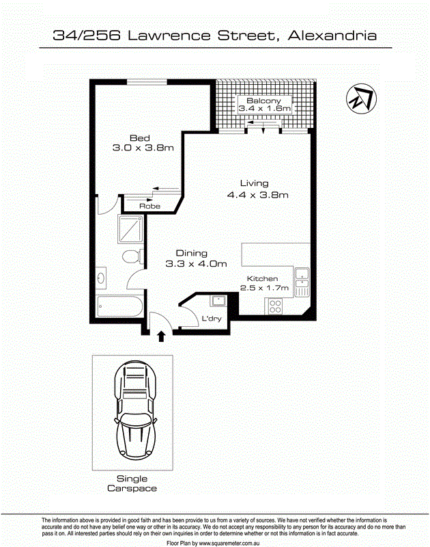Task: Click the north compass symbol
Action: point(360,99)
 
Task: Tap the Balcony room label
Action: point(263,101)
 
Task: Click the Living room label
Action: point(254,183)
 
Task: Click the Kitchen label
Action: point(262,278)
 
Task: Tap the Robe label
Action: point(149,206)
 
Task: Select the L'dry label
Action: point(210,318)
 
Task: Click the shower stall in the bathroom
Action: point(130,229)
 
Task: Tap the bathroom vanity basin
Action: point(102,278)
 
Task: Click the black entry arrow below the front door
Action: point(162,336)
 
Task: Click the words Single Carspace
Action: point(132,483)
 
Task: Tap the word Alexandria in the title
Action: point(332,35)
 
